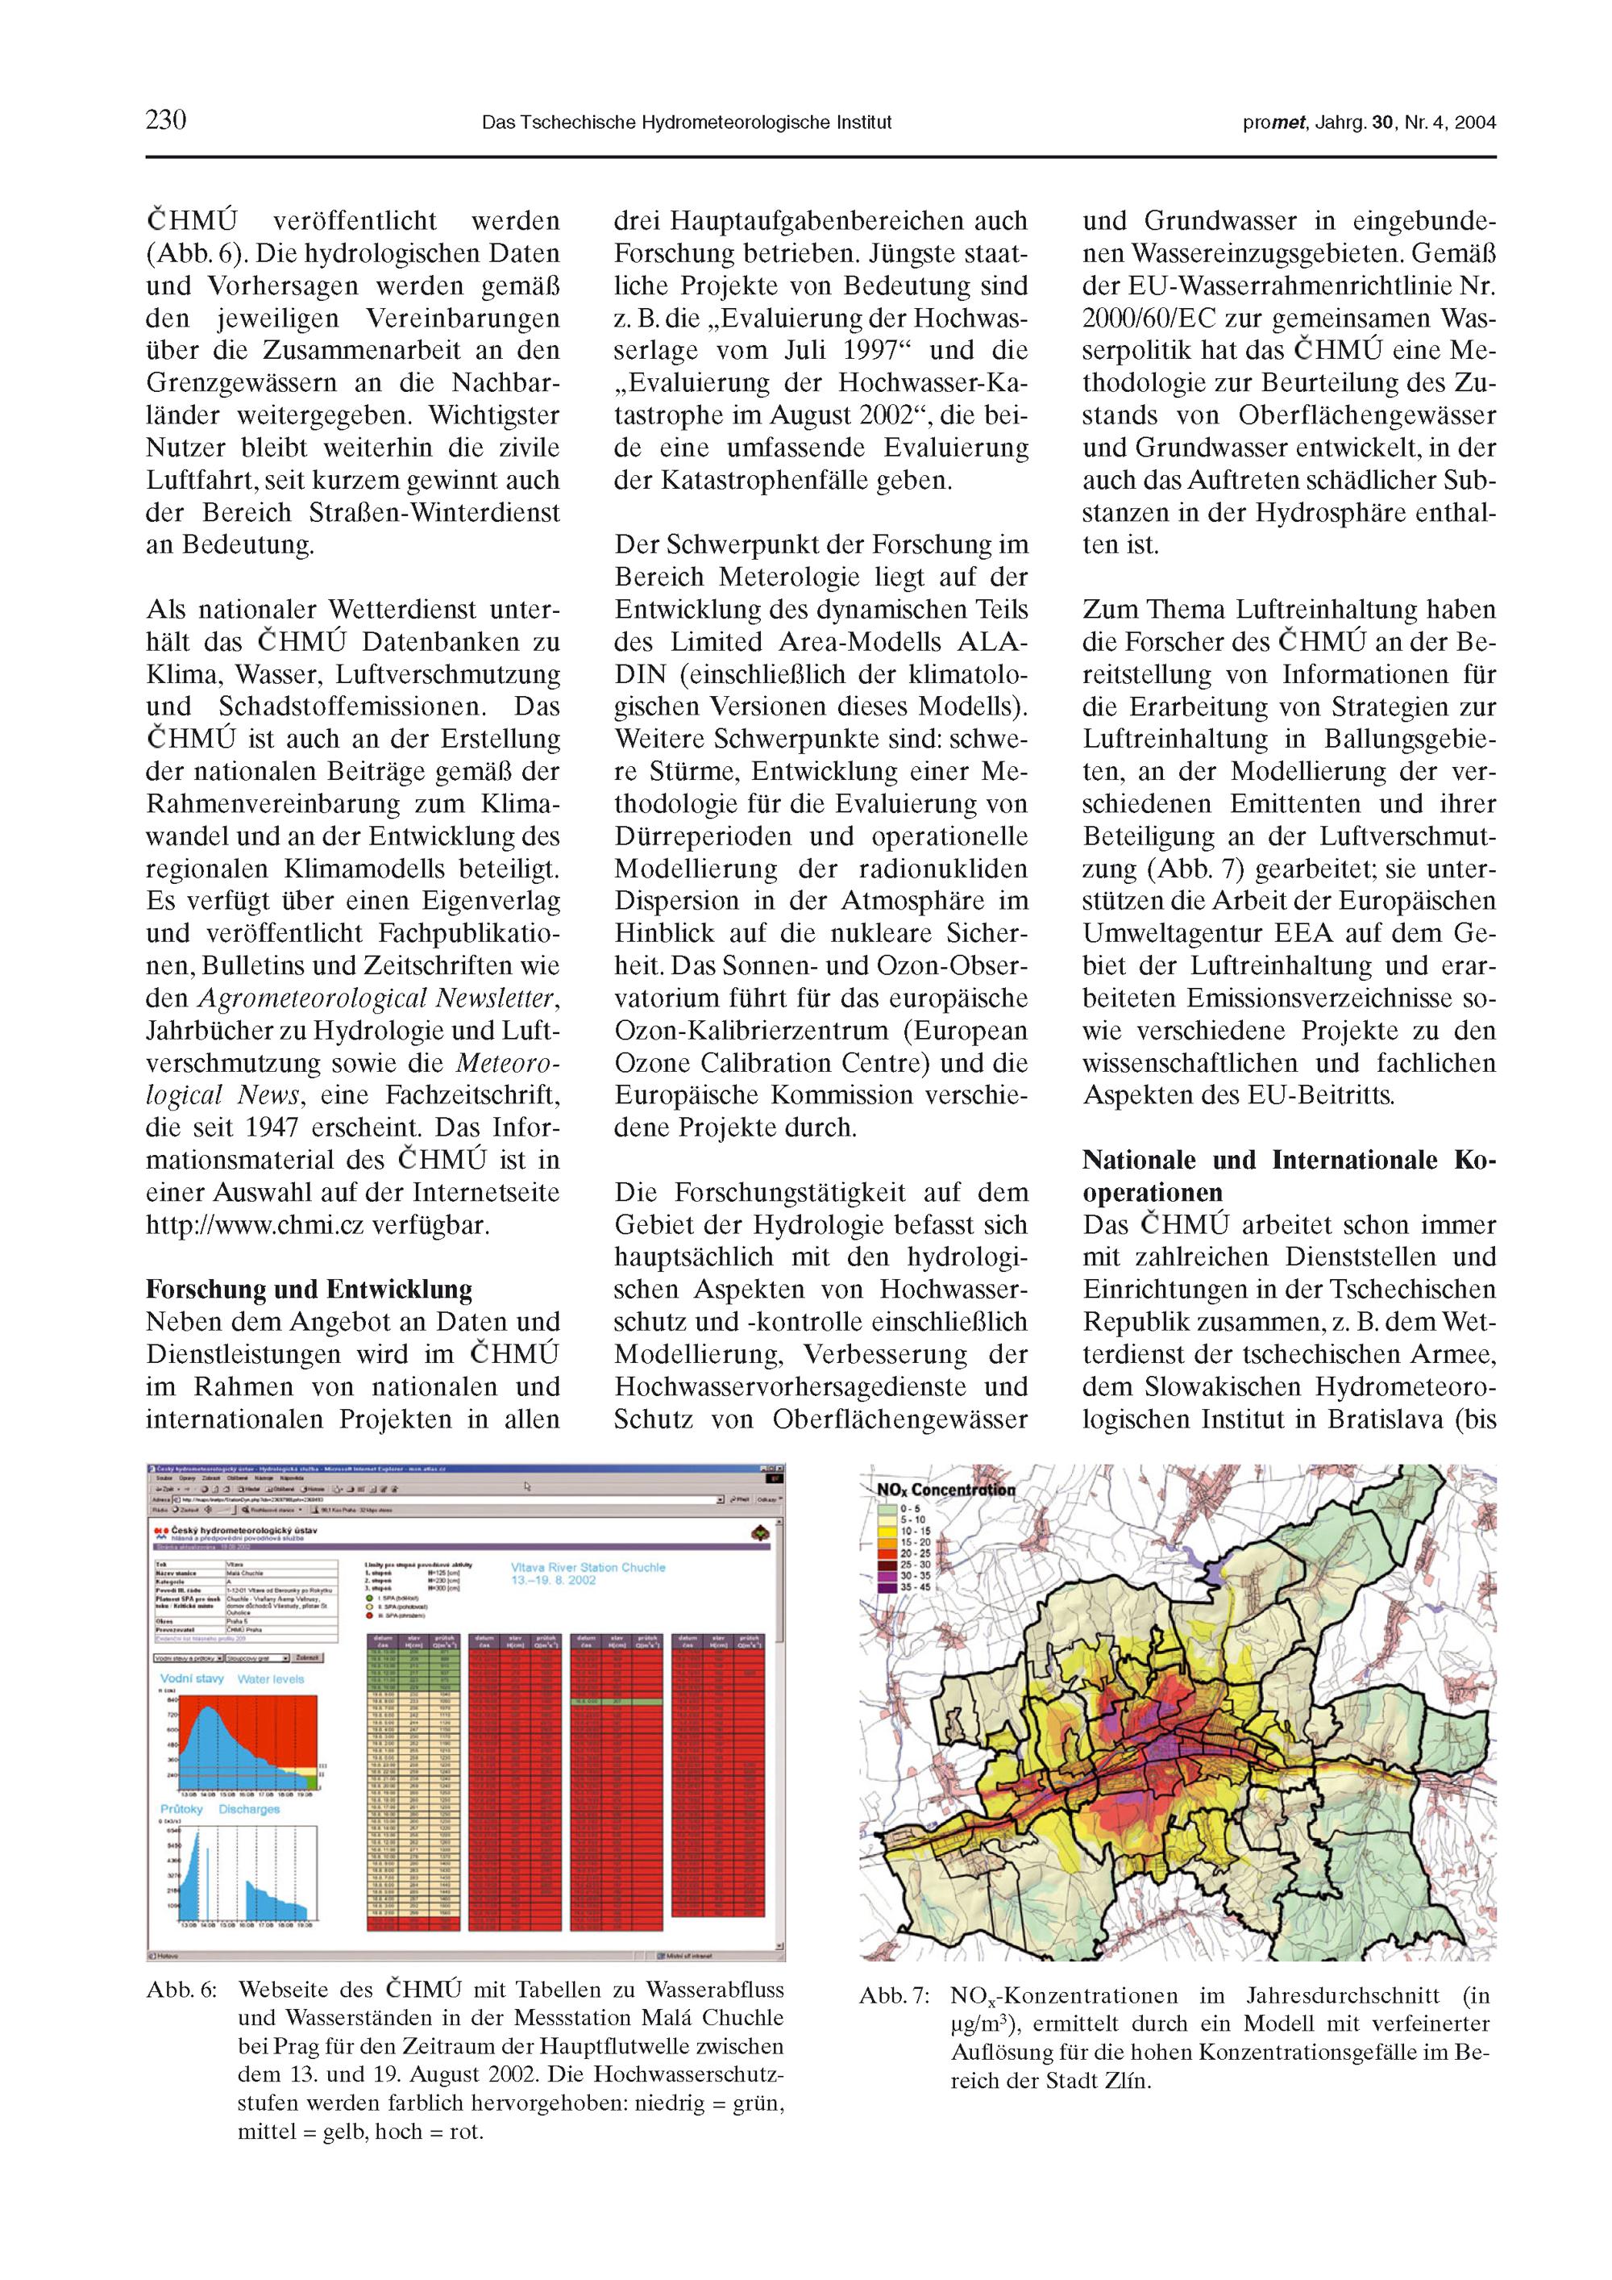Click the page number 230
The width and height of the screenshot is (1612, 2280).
[166, 120]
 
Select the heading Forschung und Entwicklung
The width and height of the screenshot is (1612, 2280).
[309, 1289]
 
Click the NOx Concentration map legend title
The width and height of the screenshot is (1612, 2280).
[946, 1490]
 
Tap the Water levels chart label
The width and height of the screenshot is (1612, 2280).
[271, 1679]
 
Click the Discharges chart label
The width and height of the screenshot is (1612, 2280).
[249, 1809]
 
